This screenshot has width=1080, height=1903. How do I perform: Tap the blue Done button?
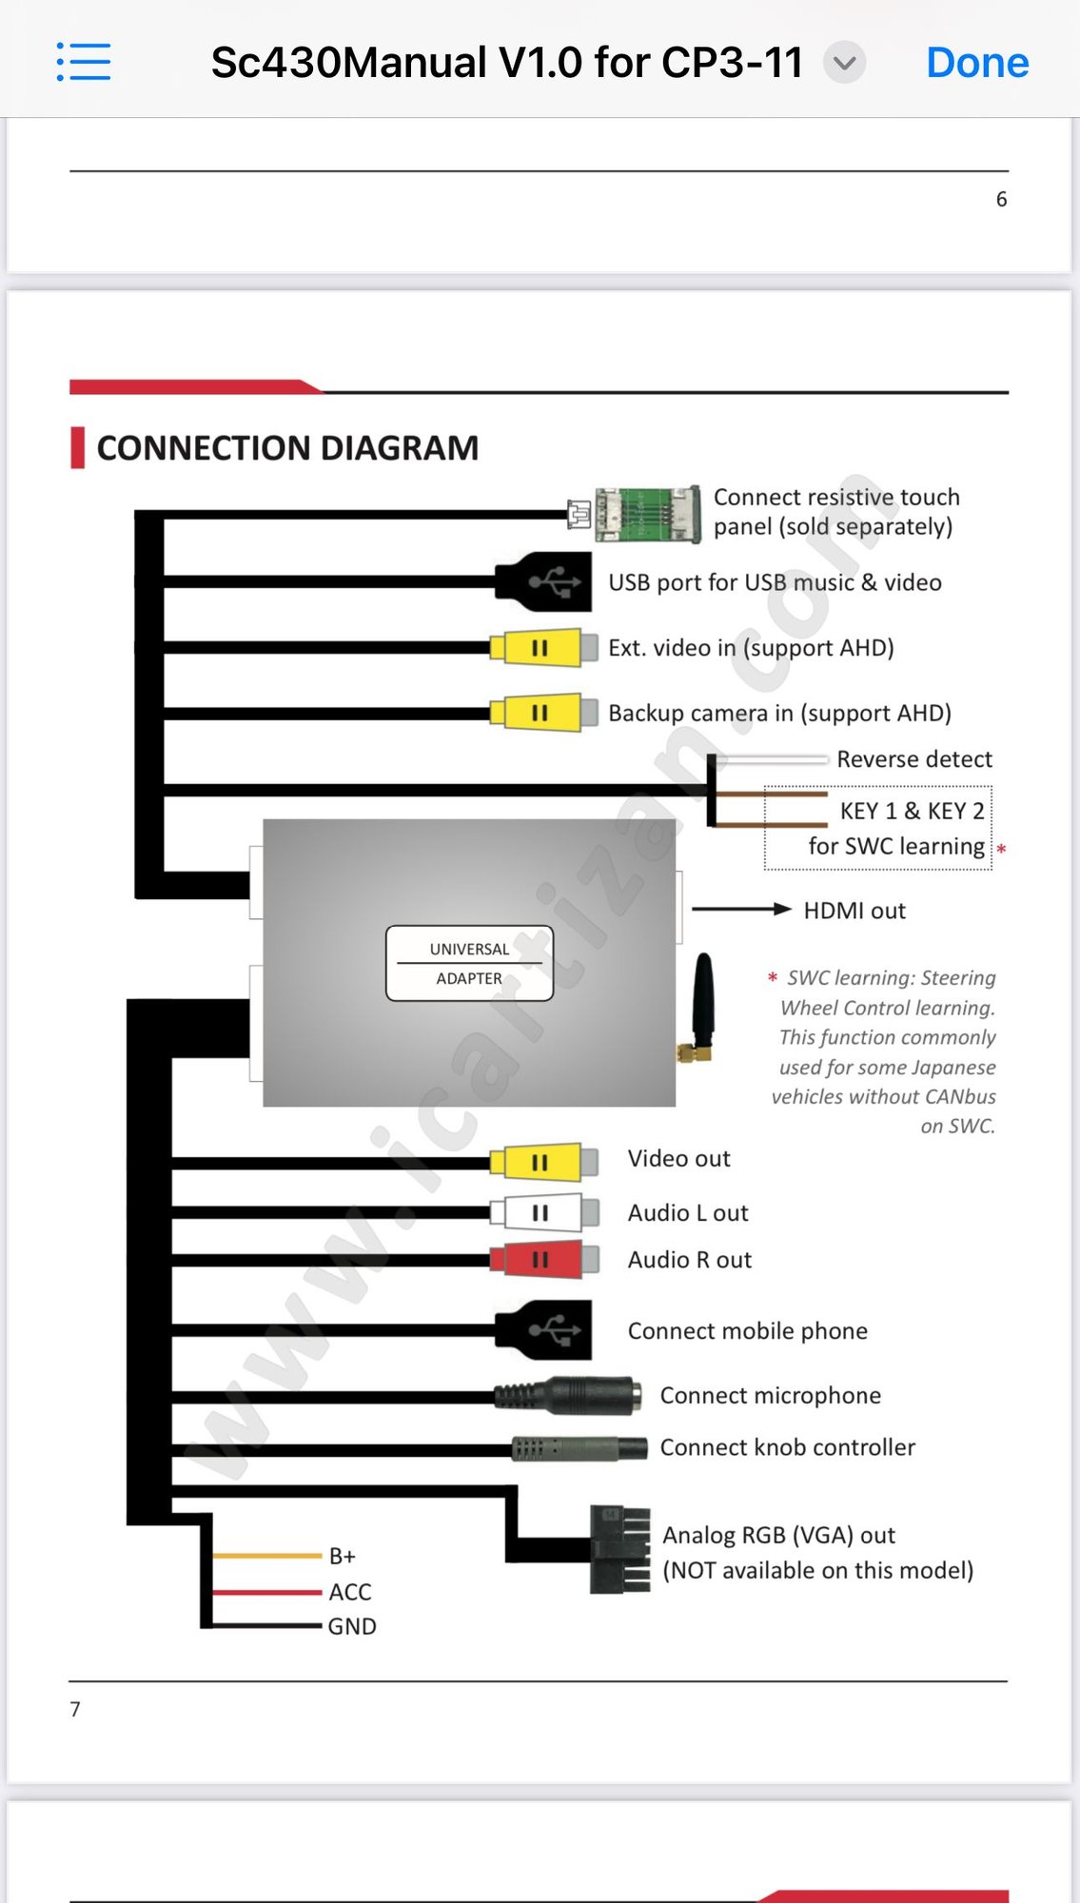(977, 63)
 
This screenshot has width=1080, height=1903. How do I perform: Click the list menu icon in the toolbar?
(84, 62)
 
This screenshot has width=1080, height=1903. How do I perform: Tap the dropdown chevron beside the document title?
(844, 63)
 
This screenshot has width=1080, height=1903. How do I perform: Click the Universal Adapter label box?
(469, 963)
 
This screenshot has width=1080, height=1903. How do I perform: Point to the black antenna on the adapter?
(702, 1004)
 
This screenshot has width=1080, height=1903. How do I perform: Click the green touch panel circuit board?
(647, 514)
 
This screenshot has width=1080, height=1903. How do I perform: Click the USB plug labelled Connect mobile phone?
(546, 1329)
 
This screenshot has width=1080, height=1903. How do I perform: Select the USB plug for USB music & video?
(546, 580)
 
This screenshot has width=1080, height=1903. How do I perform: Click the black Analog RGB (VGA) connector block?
(620, 1549)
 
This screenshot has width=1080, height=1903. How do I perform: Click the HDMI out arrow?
(741, 909)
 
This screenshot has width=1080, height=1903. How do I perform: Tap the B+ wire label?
(343, 1556)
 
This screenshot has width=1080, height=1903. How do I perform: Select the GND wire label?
(352, 1626)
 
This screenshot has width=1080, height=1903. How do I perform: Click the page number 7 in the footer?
(75, 1709)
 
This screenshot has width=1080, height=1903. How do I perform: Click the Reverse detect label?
(913, 759)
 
